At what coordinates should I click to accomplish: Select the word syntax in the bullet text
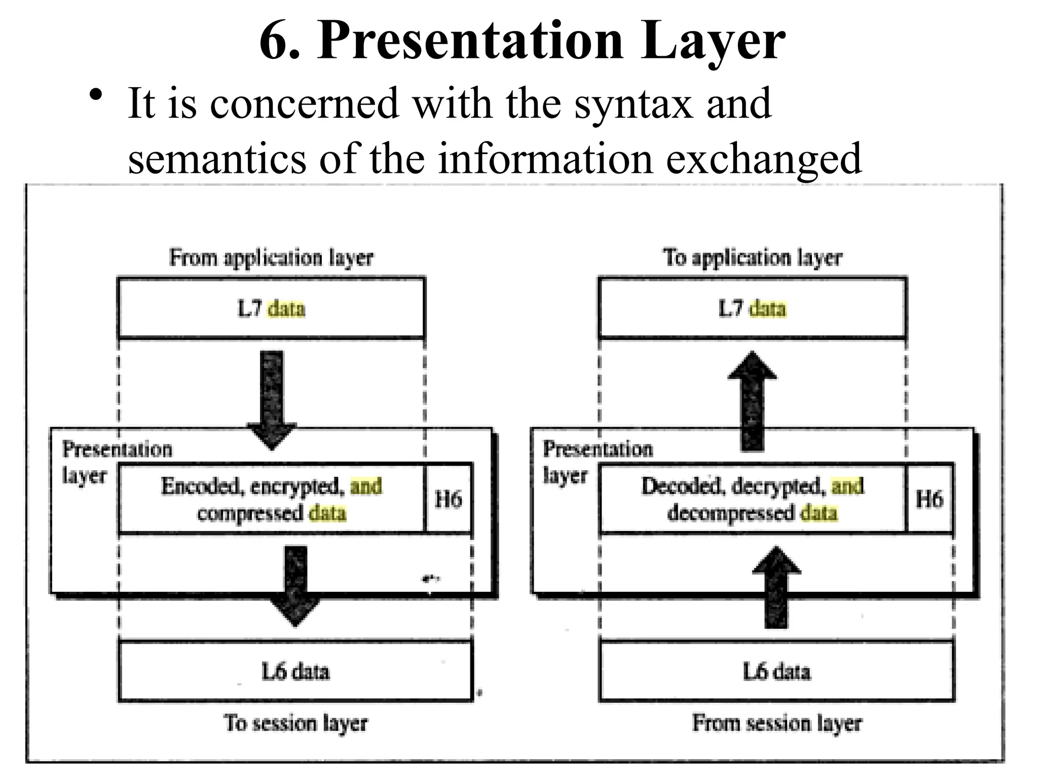pos(633,104)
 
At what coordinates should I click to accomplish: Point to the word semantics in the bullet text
pos(216,158)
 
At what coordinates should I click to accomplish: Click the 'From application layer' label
pos(271,258)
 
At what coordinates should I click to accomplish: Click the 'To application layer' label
pos(752,258)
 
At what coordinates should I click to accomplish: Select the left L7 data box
pos(271,308)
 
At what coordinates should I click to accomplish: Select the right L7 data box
pos(752,308)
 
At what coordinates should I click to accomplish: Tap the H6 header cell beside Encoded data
pos(448,499)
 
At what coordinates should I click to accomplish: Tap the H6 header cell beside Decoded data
pos(929,499)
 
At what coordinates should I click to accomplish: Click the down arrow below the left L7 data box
pos(272,398)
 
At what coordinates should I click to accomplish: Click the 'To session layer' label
pos(295,723)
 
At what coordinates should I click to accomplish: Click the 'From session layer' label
pos(776,723)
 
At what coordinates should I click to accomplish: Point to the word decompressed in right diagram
pos(730,513)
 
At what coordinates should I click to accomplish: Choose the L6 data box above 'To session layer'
pos(295,671)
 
